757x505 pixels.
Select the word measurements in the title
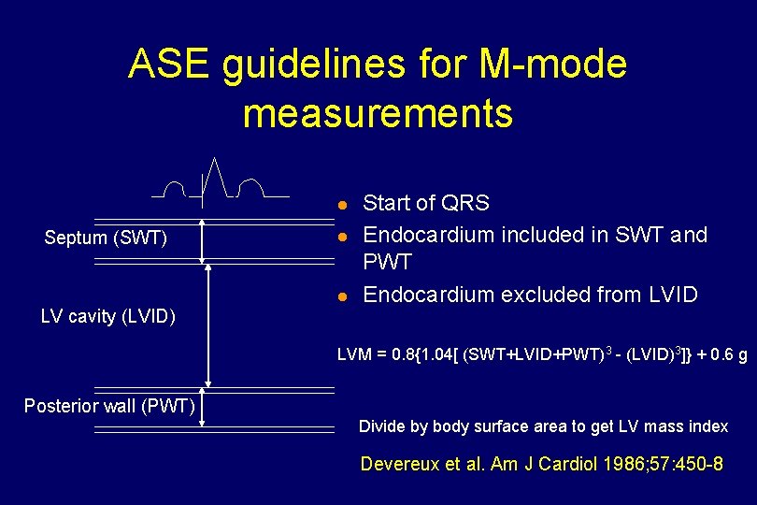tap(378, 113)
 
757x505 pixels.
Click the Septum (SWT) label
tap(106, 238)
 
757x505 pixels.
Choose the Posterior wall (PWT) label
tap(109, 405)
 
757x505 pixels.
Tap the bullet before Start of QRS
tap(343, 204)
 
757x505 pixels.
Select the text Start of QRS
tap(425, 203)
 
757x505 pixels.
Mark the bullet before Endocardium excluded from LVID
tap(343, 296)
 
